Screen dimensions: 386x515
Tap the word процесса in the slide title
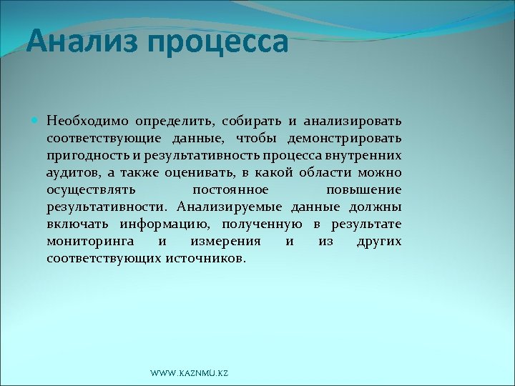(x=218, y=43)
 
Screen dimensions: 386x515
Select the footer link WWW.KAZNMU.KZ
(x=190, y=374)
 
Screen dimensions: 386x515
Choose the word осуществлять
(x=89, y=189)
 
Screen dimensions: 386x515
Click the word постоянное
(x=231, y=189)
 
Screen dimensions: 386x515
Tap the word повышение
(x=363, y=189)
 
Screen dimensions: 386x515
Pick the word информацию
(x=169, y=224)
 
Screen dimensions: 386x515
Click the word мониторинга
(x=89, y=241)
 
